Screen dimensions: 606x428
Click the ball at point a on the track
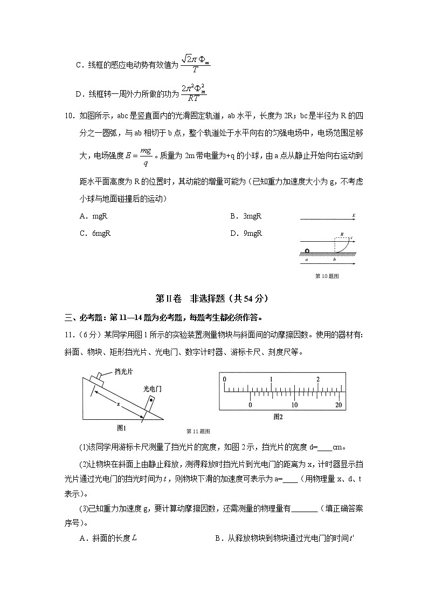307,250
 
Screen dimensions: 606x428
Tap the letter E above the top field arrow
353,216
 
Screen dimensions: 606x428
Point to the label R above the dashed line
342,235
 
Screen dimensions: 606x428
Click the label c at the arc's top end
352,238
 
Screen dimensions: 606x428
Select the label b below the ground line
334,260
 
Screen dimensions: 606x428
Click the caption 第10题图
327,276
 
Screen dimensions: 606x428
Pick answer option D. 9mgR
246,233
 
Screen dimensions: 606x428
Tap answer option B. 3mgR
246,216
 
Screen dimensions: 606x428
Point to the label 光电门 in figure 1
153,388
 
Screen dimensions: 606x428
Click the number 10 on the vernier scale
294,405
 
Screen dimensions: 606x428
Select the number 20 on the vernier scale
339,405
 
